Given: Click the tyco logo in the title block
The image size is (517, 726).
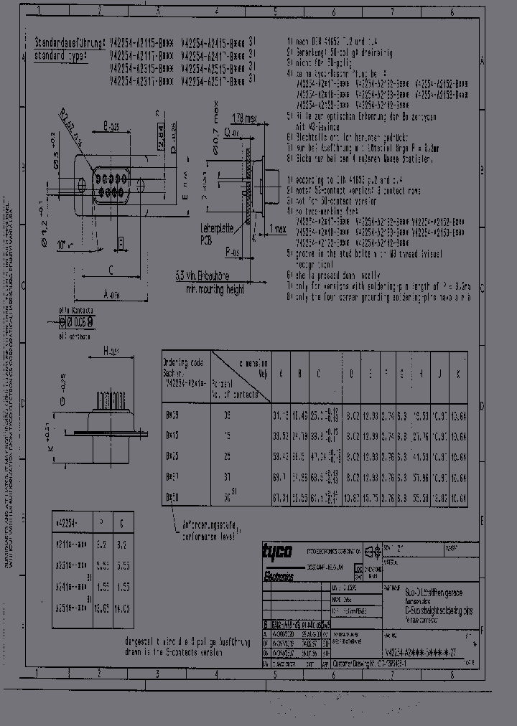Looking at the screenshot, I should [x=275, y=552].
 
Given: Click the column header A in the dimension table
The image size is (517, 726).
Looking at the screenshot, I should [x=279, y=374].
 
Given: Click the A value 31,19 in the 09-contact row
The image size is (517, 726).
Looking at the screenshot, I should [x=280, y=415].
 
